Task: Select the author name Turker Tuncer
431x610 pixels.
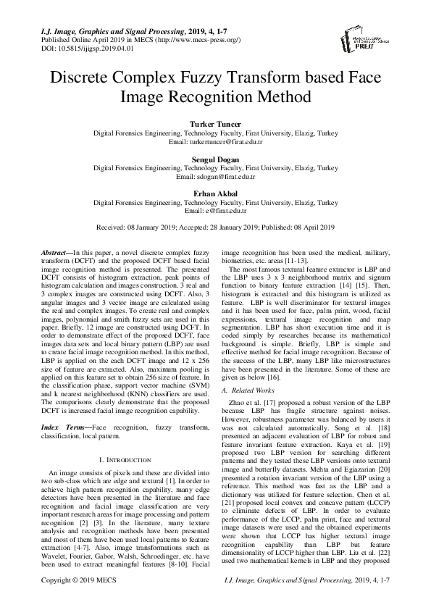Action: [215, 125]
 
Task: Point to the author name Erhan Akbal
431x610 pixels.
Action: [215, 193]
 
